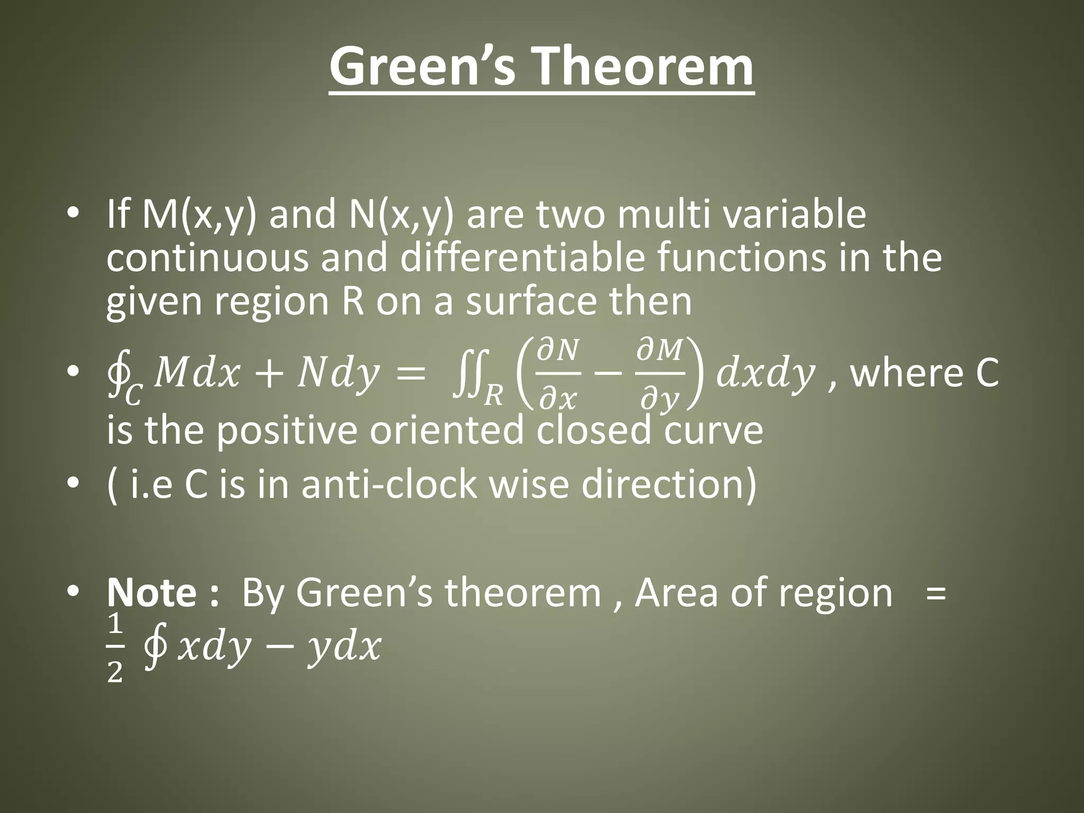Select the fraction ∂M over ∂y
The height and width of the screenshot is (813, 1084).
[x=660, y=374]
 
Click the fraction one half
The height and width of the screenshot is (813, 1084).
[x=115, y=650]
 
